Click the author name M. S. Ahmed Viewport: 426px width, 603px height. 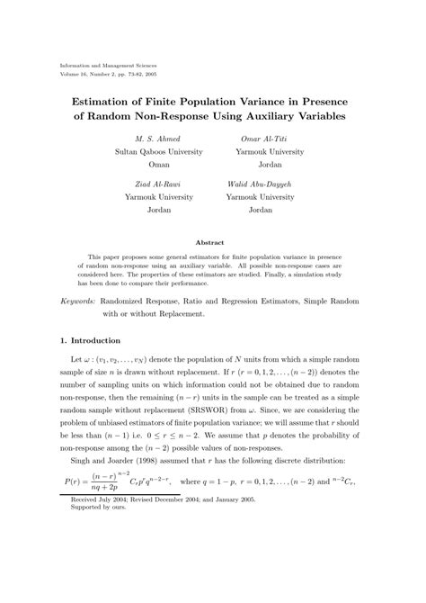(x=158, y=139)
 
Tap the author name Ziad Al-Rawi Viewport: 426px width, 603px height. (x=158, y=183)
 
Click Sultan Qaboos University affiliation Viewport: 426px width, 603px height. (x=158, y=153)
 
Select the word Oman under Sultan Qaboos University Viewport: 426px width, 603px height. (x=158, y=166)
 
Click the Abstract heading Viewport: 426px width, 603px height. (x=212, y=241)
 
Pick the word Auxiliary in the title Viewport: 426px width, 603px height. (x=267, y=117)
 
